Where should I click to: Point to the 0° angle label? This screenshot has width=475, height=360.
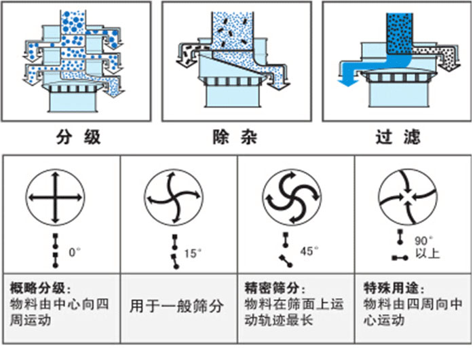[x=75, y=252]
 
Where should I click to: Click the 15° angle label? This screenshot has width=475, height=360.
[x=193, y=253]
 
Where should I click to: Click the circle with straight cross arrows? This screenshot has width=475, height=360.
[x=55, y=198]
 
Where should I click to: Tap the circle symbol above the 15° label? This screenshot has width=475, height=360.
[x=173, y=198]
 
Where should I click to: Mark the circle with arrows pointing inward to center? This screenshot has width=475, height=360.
[x=406, y=198]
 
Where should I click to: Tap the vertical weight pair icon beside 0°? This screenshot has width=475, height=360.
[x=55, y=247]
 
